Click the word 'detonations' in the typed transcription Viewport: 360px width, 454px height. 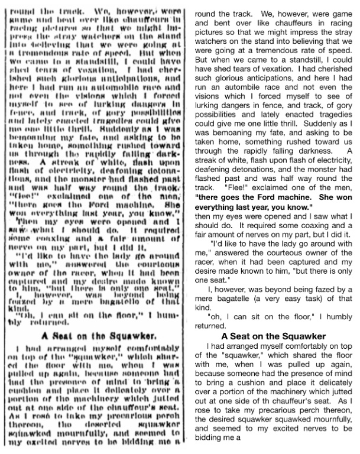pos(260,186)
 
